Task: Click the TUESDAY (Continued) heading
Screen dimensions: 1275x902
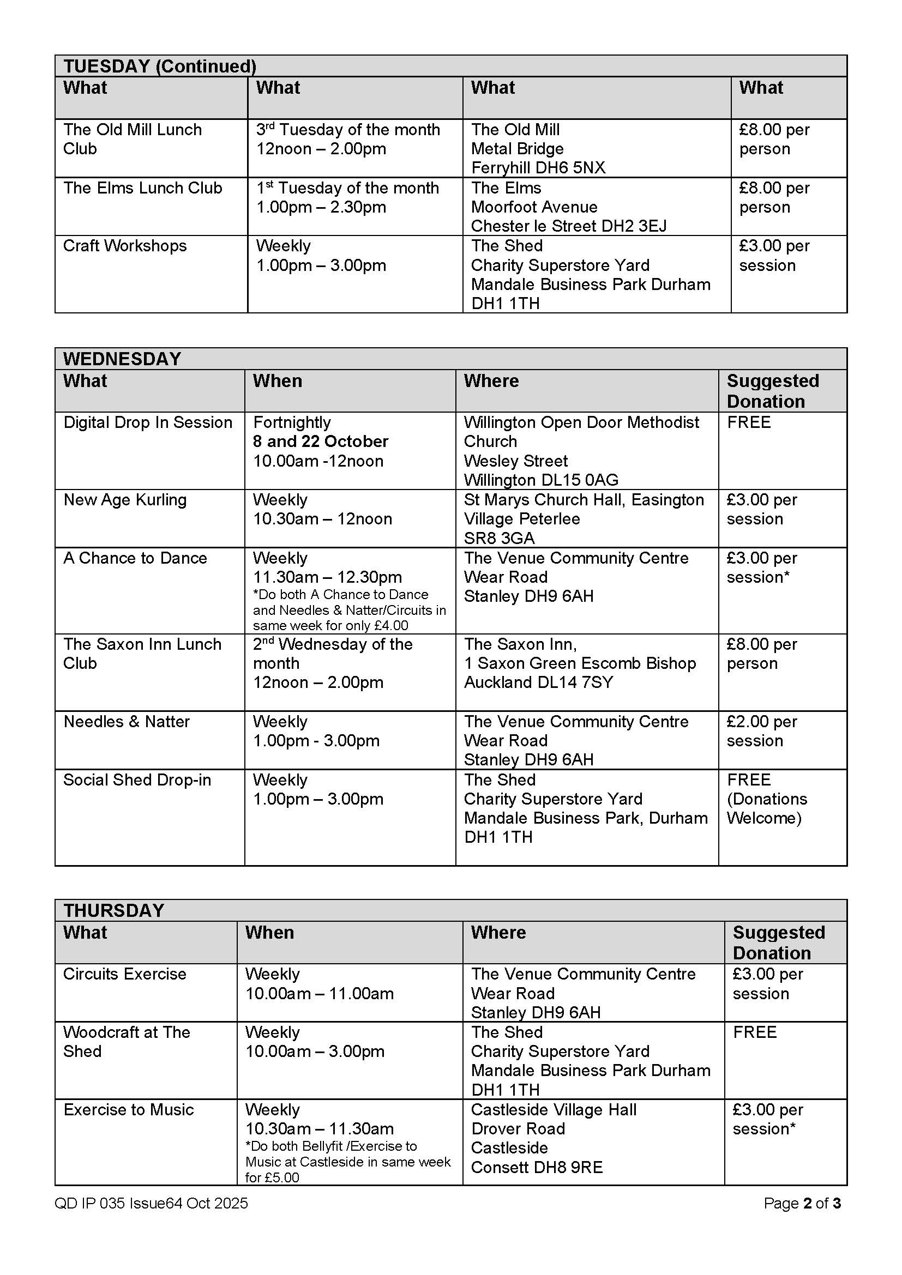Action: (x=159, y=66)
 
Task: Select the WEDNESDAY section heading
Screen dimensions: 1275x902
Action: (x=122, y=359)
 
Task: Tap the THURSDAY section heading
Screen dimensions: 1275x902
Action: (x=113, y=910)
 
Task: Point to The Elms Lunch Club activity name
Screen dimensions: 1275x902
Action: (x=143, y=188)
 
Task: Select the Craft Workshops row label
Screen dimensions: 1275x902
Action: (x=125, y=246)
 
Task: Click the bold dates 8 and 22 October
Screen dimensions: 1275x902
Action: (x=321, y=442)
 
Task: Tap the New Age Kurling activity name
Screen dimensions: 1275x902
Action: (x=125, y=500)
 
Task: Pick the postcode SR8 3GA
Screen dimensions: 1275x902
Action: (x=500, y=538)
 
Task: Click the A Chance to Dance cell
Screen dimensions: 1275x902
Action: (x=135, y=558)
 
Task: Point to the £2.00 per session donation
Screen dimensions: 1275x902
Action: (x=761, y=731)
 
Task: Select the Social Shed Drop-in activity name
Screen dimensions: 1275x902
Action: (x=137, y=780)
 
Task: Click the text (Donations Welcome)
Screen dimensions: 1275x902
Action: (x=766, y=808)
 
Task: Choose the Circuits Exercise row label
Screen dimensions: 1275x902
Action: (x=124, y=974)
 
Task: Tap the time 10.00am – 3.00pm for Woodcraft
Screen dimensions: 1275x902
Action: (x=315, y=1051)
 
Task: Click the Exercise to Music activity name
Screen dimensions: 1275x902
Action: (x=128, y=1109)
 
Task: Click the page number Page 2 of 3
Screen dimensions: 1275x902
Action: (x=802, y=1203)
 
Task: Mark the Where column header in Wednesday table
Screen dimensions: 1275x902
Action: (x=491, y=381)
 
